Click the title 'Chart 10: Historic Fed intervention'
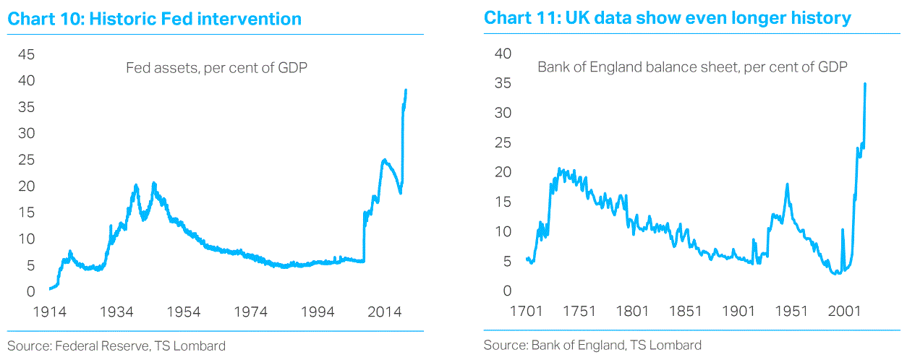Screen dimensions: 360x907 (x=154, y=19)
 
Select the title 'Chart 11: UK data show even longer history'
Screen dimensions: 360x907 (x=667, y=19)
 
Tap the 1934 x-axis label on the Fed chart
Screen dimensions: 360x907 (x=116, y=312)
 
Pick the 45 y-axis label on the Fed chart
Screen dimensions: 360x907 (x=26, y=55)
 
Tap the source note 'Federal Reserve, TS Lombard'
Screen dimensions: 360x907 (x=116, y=346)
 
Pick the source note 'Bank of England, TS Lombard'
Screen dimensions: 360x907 (x=592, y=345)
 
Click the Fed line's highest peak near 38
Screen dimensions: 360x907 (x=406, y=90)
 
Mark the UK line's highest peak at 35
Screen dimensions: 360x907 (x=865, y=84)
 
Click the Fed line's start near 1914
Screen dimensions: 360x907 (x=49, y=289)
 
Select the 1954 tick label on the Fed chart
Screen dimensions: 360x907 (x=183, y=312)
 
